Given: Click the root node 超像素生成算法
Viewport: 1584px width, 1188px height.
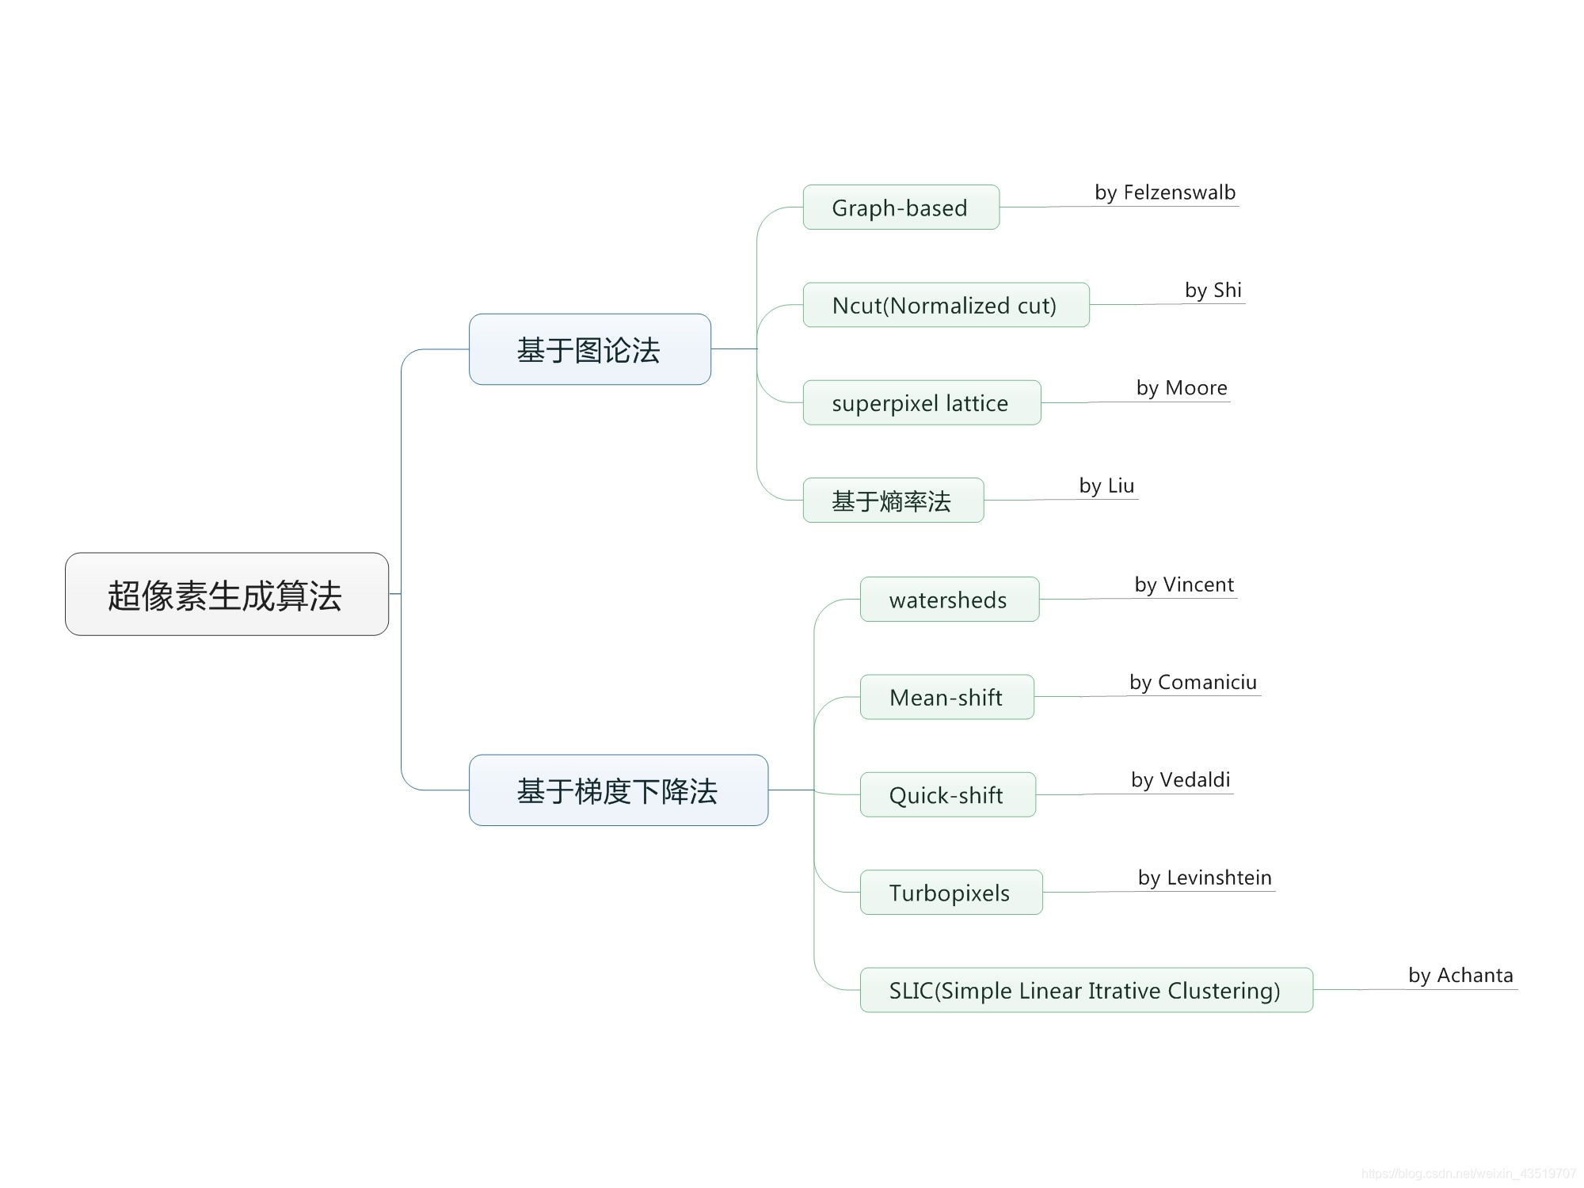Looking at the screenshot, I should point(227,594).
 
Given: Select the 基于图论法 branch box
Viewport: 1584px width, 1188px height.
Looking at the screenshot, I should point(589,349).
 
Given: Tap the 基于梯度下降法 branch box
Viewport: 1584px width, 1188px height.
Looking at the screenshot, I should point(618,790).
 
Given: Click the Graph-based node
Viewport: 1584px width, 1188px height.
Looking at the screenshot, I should point(901,208).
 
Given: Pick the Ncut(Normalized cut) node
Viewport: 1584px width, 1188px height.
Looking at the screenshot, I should point(946,305).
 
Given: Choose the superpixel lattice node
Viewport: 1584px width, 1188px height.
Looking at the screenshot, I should point(921,403).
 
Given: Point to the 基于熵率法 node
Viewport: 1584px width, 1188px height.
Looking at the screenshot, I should point(893,501).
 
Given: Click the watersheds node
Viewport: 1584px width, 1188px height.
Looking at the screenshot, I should point(949,600).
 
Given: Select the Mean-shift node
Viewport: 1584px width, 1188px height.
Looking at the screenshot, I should point(946,697).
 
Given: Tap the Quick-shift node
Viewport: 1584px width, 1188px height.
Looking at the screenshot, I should point(947,794).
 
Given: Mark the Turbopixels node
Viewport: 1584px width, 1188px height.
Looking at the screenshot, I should point(950,893).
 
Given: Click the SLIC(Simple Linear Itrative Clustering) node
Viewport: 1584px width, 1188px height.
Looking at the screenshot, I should point(1086,990).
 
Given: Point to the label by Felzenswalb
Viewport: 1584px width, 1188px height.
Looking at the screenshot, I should point(1165,192).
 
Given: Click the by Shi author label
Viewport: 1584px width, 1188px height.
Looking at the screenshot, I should point(1213,290).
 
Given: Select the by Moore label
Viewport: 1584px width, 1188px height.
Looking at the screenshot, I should point(1182,388).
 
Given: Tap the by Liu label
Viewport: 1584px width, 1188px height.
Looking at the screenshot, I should point(1106,485).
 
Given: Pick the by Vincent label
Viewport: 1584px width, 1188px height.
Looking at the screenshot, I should point(1184,584).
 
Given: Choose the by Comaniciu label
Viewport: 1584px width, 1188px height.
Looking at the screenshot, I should point(1193,682).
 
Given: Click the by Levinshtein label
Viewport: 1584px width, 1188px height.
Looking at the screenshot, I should point(1205,878).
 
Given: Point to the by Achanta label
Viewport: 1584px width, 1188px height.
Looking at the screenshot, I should point(1460,975).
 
